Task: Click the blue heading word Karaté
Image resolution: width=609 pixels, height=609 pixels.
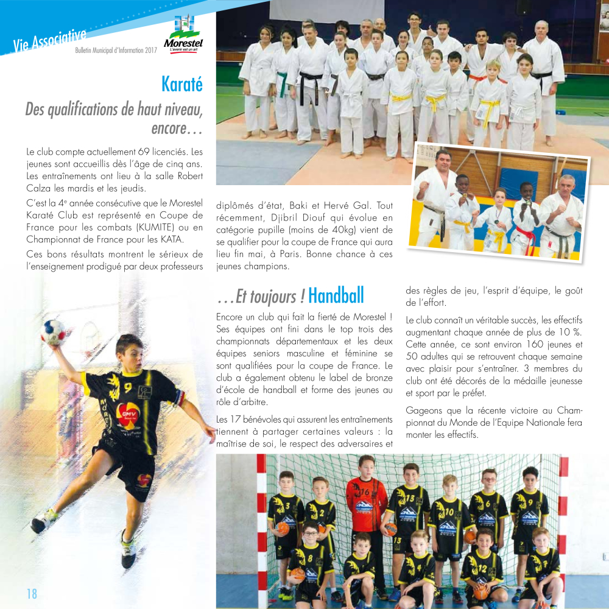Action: [182, 83]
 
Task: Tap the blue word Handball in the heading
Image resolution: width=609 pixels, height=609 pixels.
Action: [336, 296]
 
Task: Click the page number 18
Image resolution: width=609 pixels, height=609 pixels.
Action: [31, 594]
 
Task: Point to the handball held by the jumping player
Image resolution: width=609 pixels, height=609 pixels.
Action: [52, 333]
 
